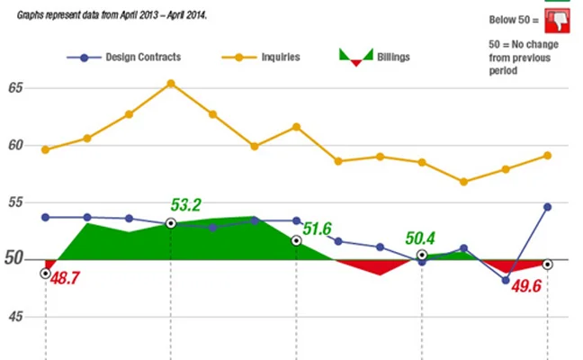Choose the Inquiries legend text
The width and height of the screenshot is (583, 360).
point(280,58)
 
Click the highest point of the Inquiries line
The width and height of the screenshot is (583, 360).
point(171,84)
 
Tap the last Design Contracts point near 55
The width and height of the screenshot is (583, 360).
point(547,207)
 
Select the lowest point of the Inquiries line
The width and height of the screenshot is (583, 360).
point(463,182)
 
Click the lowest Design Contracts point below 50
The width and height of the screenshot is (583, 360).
point(506,280)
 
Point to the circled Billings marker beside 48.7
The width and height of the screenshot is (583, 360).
point(45,273)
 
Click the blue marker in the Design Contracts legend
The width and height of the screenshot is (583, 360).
point(84,58)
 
